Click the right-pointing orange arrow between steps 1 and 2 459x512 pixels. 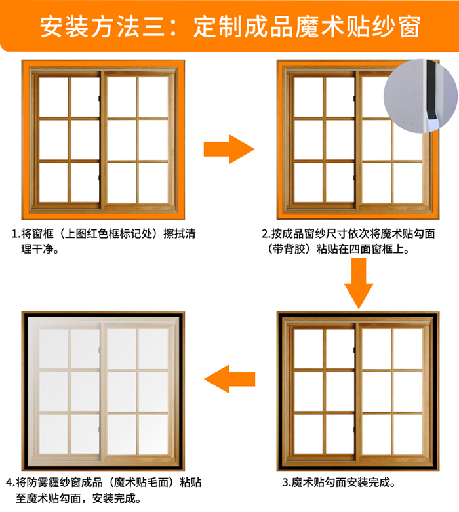click(x=229, y=149)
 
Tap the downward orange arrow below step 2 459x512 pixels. click(x=359, y=283)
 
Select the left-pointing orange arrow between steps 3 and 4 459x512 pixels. click(x=229, y=379)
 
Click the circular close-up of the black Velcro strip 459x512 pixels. click(x=421, y=96)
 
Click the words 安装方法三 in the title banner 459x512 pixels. click(x=102, y=27)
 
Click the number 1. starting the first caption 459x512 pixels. click(x=16, y=234)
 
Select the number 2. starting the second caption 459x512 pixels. click(x=266, y=234)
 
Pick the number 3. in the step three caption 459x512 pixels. click(x=287, y=482)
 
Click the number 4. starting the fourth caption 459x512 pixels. click(x=10, y=482)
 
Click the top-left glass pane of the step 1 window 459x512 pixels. click(x=54, y=96)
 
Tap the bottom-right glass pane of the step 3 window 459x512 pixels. click(x=408, y=434)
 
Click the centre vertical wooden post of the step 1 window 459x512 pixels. click(x=104, y=140)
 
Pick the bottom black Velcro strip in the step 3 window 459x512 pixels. click(x=358, y=467)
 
